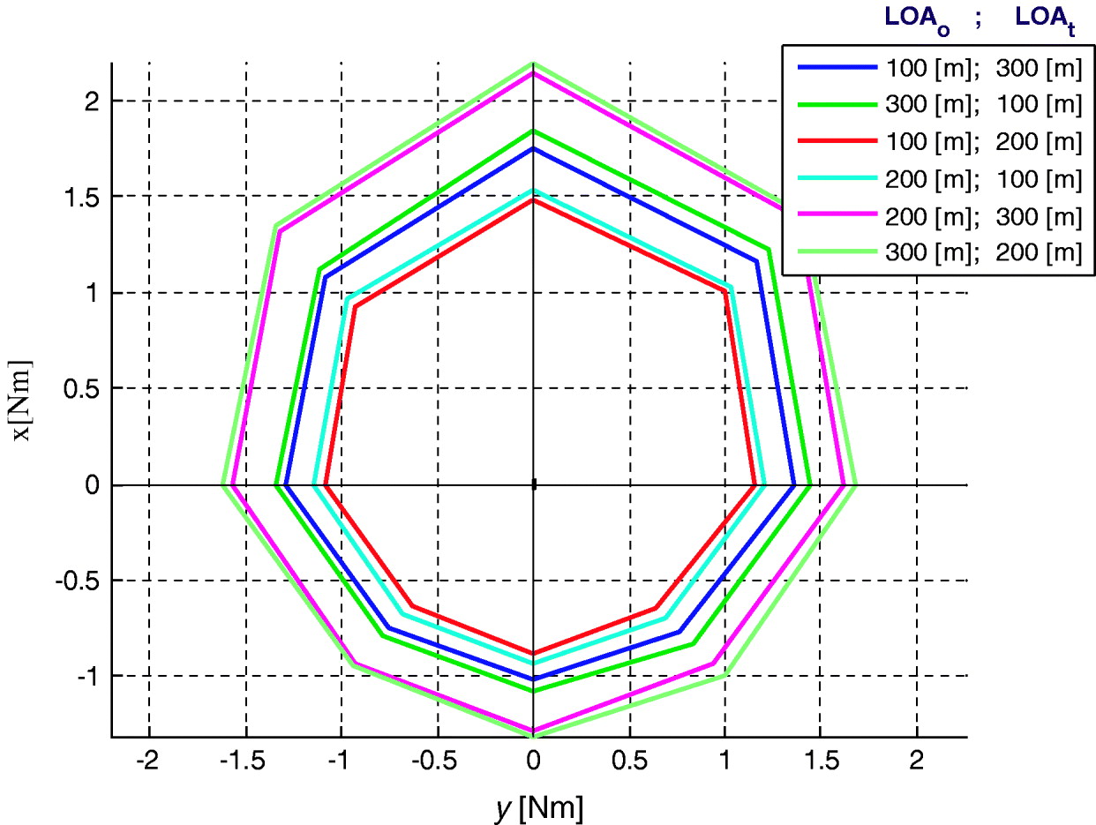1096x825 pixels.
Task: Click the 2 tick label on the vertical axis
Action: (x=91, y=101)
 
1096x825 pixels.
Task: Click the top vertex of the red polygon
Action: (x=533, y=200)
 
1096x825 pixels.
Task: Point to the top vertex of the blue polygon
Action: (x=533, y=148)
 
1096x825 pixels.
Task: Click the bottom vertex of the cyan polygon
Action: (x=533, y=664)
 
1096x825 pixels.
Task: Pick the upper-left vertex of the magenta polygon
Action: (x=278, y=230)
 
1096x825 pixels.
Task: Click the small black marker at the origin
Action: (x=533, y=484)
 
